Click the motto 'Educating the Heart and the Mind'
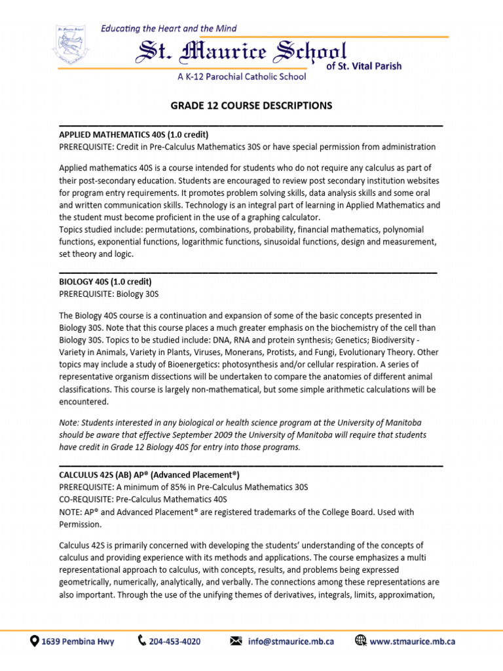[168, 28]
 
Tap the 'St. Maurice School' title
[241, 52]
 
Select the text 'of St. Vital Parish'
[363, 66]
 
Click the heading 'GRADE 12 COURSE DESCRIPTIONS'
[251, 105]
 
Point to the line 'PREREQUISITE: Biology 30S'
[109, 294]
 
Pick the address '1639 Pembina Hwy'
[77, 642]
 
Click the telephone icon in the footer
[142, 641]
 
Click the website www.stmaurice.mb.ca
[412, 642]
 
